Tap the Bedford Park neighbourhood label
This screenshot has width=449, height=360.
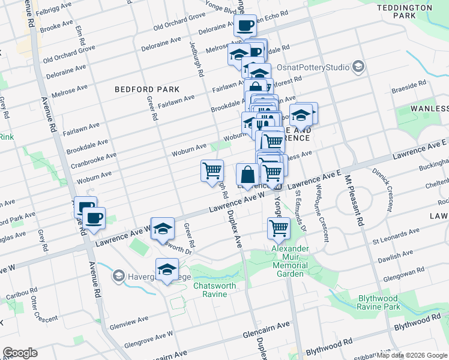click(147, 89)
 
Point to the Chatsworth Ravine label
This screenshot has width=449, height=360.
click(214, 290)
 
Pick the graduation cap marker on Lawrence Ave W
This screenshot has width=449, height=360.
click(163, 228)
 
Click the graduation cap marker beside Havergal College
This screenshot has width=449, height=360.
click(167, 269)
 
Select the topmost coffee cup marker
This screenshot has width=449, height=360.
click(245, 25)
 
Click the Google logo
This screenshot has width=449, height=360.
click(20, 353)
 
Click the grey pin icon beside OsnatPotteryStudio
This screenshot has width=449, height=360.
click(359, 66)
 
